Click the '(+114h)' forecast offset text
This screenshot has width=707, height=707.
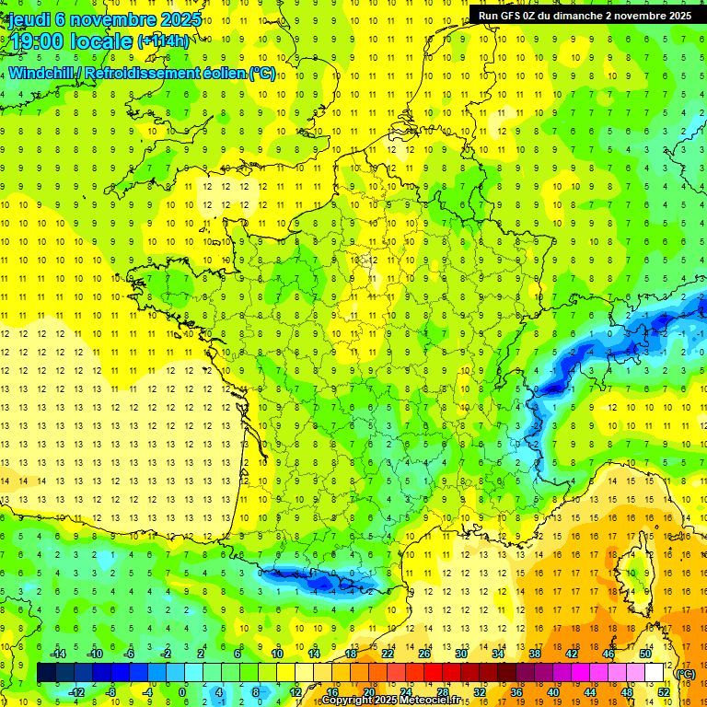point(163,41)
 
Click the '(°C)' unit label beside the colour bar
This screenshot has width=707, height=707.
point(686,674)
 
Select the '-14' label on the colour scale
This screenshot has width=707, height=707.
point(58,654)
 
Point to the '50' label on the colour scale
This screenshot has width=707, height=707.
point(645,654)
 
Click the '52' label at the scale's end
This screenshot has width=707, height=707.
point(664,692)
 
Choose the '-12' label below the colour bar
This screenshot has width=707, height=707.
point(75,692)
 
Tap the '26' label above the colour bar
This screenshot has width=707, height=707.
point(424,654)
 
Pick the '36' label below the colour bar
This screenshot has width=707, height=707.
point(516,692)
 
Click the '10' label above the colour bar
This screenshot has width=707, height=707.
point(277,654)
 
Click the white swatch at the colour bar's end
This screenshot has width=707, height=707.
point(654,673)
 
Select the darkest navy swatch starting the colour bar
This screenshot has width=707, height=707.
point(46,673)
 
